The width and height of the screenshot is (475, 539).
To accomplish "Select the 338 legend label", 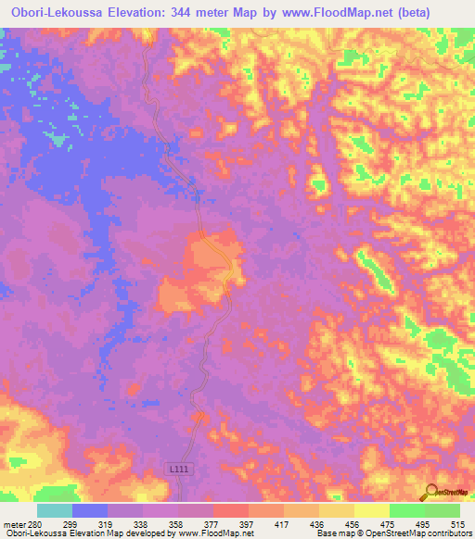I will pyautogui.click(x=143, y=523).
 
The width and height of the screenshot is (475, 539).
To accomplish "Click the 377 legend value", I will pyautogui.click(x=213, y=523).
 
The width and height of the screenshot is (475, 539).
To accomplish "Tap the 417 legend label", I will pyautogui.click(x=284, y=523).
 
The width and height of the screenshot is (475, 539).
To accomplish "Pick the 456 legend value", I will pyautogui.click(x=354, y=523).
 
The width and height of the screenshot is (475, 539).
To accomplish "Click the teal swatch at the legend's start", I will pyautogui.click(x=55, y=510).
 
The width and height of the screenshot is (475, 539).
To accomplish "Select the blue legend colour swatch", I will pyautogui.click(x=90, y=510).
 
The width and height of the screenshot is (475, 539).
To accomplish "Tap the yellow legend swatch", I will pyautogui.click(x=371, y=510).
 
